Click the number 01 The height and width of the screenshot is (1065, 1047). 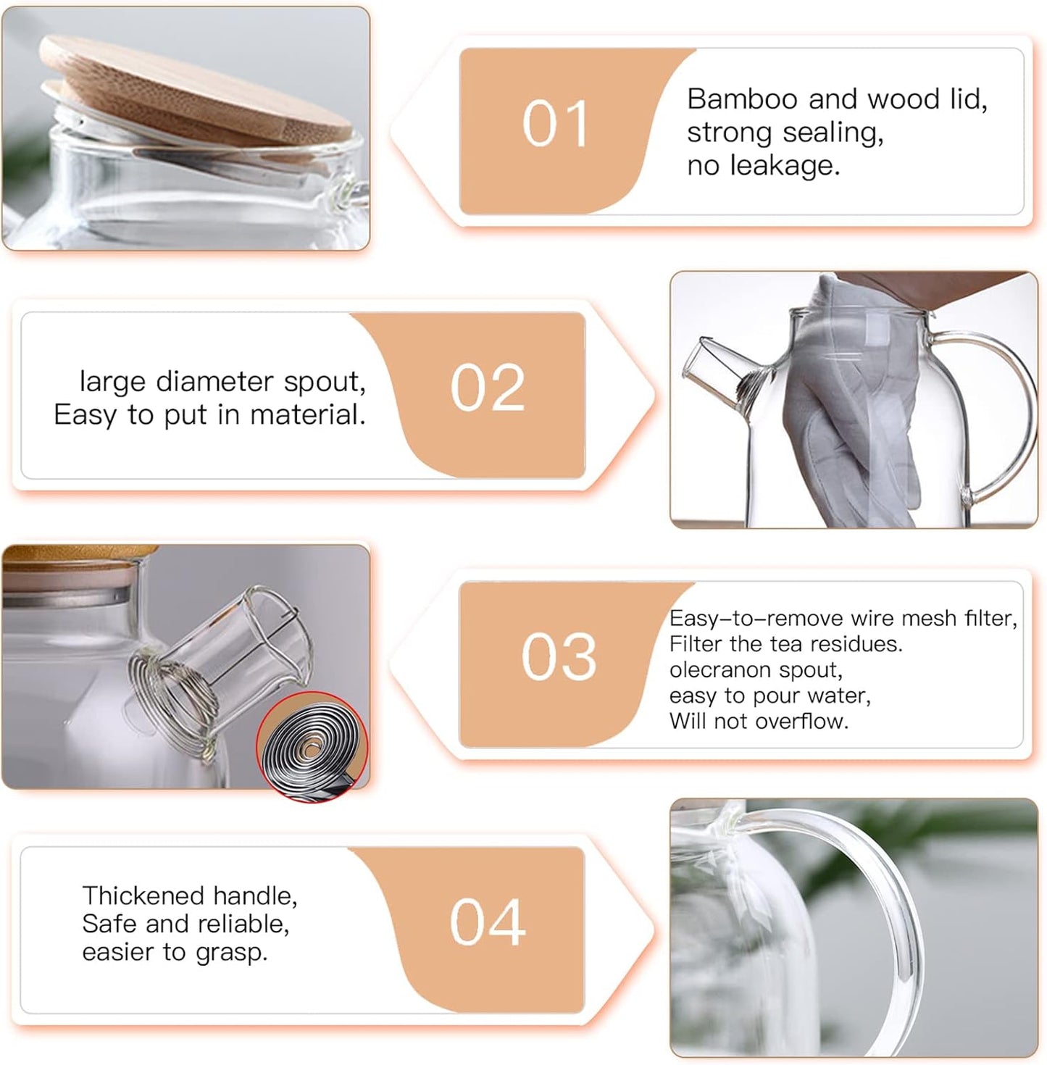coord(554,125)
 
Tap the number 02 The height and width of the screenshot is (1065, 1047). coord(487,388)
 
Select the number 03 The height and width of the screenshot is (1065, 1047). coord(558,657)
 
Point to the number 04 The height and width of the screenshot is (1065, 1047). coord(487,922)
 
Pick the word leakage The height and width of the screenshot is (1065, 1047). coord(784,166)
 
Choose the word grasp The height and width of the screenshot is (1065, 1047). coord(231,953)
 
